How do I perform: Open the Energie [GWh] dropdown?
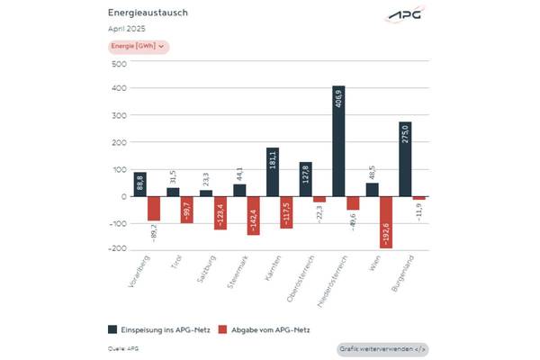point(138,47)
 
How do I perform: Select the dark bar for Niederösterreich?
point(338,140)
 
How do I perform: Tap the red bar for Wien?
point(386,221)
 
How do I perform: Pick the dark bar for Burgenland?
point(405,158)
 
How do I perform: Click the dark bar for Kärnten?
point(273,172)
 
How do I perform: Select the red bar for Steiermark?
point(253,215)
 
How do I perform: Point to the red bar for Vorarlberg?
point(154,208)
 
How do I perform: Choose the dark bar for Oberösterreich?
point(305,179)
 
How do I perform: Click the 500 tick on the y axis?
point(119,63)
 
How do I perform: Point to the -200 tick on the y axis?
point(117,249)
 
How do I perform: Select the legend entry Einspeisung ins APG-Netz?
point(158,330)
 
